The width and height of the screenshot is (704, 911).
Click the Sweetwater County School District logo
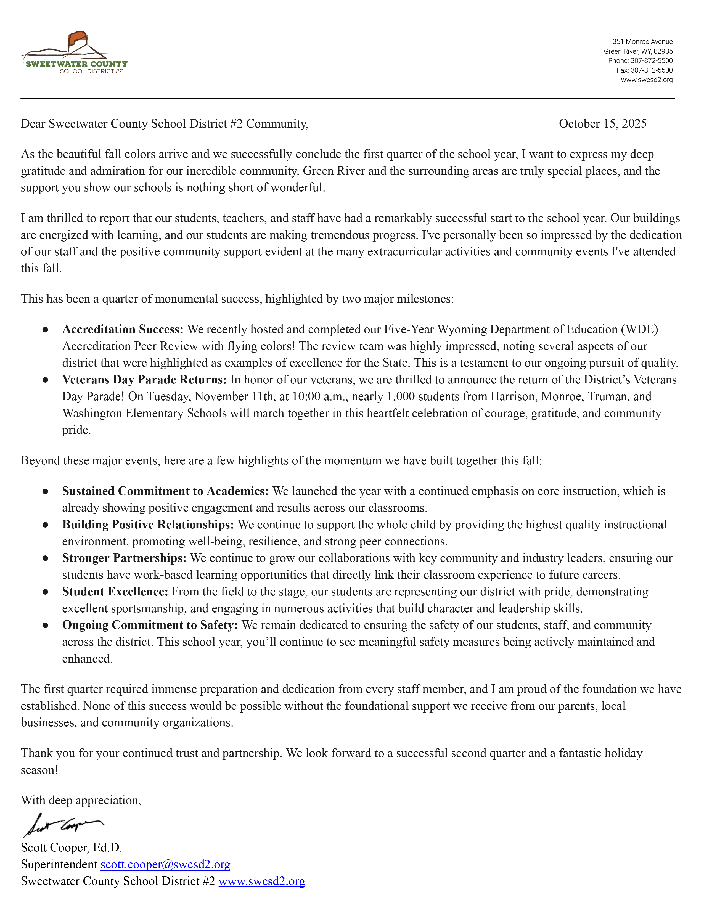coord(74,53)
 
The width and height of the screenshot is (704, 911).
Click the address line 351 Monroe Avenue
coord(642,42)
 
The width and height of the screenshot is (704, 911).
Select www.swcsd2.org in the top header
coord(647,80)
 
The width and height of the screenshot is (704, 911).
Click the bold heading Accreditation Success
coord(123,330)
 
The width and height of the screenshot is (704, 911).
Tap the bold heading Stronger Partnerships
coord(124,558)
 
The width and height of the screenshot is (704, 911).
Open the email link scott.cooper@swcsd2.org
coord(165,864)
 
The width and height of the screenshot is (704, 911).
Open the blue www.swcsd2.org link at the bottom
coord(261,881)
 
